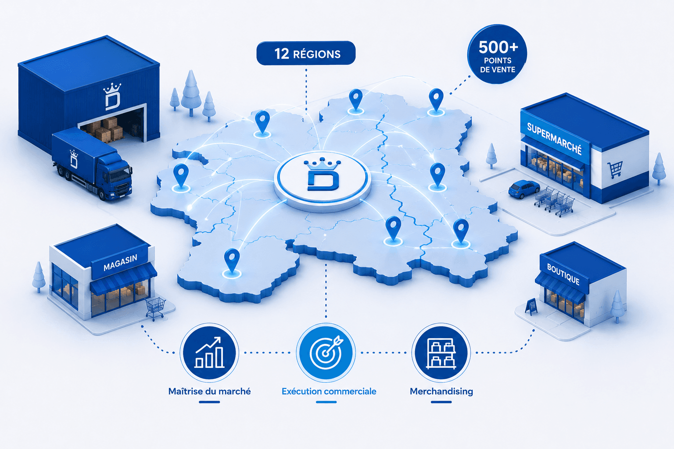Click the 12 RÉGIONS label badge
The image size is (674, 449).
[x=306, y=53]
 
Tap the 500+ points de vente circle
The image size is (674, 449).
[x=497, y=54]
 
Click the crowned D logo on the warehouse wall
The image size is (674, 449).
[x=112, y=96]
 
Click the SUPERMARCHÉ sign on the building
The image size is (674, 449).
[x=555, y=139]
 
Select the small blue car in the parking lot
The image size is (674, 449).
[x=523, y=189]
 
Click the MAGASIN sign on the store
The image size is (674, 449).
[x=120, y=262]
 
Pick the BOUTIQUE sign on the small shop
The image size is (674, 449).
[x=563, y=274]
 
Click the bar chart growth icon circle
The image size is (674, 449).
[x=209, y=353]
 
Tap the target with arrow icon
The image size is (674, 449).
[x=326, y=353]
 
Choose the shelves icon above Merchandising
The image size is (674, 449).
[x=441, y=353]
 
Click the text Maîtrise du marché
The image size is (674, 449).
[x=209, y=391]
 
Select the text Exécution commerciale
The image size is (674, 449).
[x=329, y=391]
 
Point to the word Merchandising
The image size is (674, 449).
[x=441, y=391]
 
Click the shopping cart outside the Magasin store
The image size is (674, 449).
[x=155, y=308]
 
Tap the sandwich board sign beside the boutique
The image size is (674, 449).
[x=531, y=306]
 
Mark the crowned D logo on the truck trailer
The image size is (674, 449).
[x=74, y=159]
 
